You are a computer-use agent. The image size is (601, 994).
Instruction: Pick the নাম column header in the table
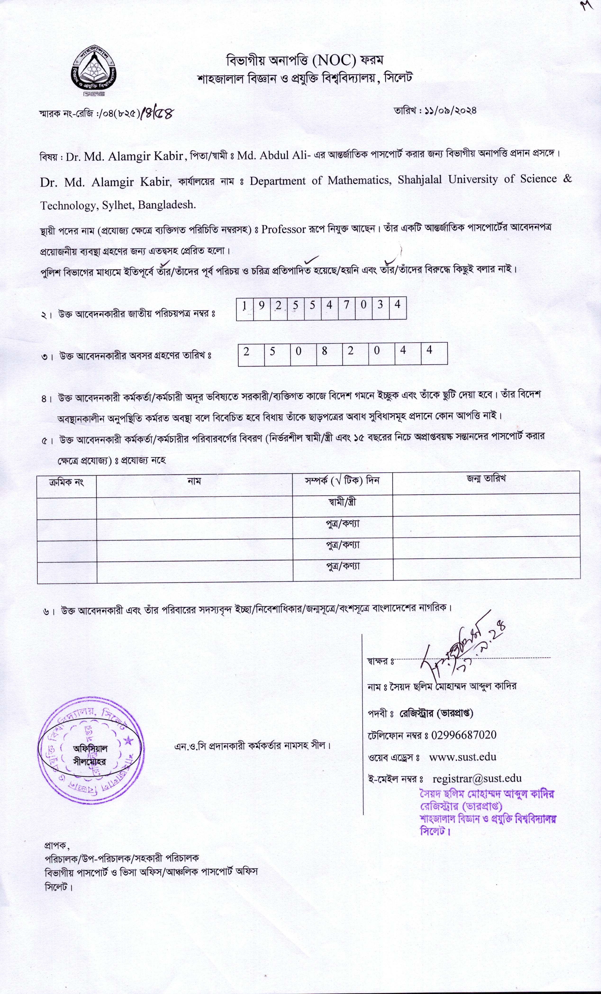[194, 481]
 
